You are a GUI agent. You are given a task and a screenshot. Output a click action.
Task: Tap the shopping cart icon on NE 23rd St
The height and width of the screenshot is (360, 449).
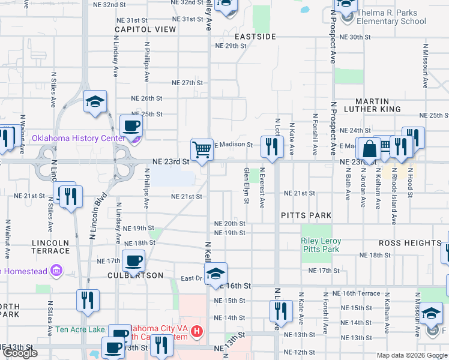202,149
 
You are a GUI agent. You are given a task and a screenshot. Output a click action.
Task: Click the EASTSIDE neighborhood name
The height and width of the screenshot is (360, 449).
255,37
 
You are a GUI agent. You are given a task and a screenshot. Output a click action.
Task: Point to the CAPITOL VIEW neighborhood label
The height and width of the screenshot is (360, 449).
145,29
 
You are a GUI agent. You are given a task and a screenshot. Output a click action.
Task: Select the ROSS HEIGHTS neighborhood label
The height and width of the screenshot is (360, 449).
410,243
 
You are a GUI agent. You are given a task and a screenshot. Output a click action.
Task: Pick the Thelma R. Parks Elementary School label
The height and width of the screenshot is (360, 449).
391,17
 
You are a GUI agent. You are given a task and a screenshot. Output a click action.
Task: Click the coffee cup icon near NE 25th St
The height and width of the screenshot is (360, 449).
131,125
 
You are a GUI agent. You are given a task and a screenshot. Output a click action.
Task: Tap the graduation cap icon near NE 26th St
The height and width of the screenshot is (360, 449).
95,101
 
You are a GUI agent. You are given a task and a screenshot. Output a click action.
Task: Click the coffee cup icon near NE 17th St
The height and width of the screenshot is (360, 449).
133,260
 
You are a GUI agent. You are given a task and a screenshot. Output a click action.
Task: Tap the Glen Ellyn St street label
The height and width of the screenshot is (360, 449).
246,185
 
